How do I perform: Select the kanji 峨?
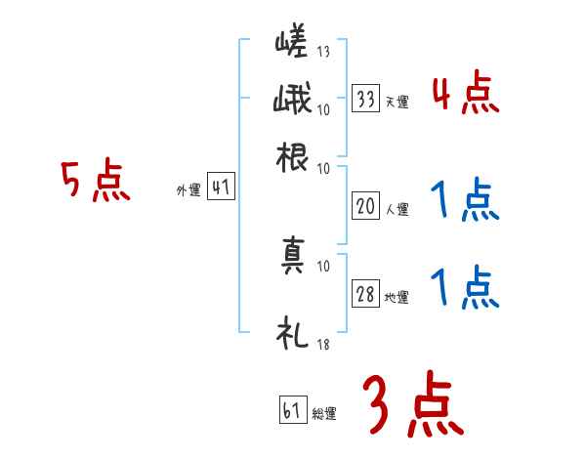292,100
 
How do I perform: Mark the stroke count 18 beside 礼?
323,344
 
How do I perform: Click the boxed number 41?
222,188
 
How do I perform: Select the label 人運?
397,209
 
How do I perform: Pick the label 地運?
397,297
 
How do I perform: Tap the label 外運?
188,192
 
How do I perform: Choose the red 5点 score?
95,183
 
